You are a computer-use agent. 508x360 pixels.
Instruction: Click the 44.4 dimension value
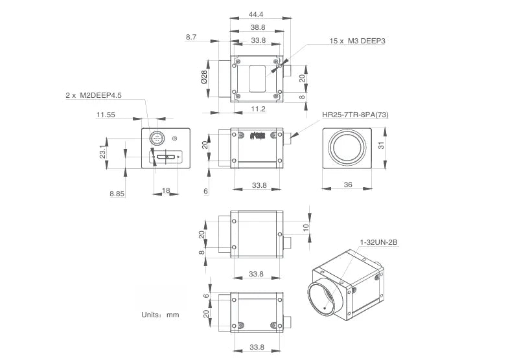coord(255,14)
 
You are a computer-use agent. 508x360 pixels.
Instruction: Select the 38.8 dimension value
coord(258,27)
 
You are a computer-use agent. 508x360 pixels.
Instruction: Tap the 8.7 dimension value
coord(190,38)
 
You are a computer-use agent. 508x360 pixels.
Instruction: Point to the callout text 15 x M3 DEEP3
coord(358,41)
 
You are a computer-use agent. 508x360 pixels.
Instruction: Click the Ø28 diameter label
coord(204,77)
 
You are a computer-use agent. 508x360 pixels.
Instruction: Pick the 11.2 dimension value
coord(258,109)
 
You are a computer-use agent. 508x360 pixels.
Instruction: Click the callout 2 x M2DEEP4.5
coord(93,95)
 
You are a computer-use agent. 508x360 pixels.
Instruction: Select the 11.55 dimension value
coord(106,115)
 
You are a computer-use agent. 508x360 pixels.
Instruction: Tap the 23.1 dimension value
coord(102,152)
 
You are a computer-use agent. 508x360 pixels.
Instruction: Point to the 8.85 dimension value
coord(117,194)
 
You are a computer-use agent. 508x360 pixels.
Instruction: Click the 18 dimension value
coord(166,190)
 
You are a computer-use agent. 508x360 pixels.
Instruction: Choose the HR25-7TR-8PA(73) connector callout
coord(355,115)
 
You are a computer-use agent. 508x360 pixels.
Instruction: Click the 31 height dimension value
coord(381,145)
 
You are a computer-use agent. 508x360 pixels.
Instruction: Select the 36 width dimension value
coord(347,185)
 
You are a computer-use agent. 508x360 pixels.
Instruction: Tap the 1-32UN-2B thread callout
coord(378,242)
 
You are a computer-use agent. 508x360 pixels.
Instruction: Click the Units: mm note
coord(160,315)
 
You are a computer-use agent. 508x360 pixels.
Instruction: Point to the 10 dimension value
coord(306,228)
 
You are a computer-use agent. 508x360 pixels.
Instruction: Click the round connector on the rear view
coord(157,139)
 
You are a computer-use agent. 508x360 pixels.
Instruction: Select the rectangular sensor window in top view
coord(257,79)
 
